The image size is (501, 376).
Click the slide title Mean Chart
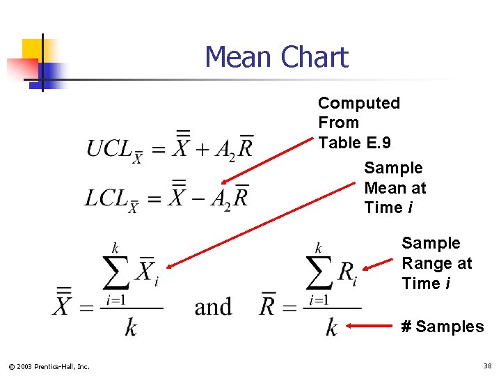(x=276, y=57)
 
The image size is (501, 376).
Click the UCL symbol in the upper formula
(x=109, y=148)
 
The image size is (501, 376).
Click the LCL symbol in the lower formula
(x=108, y=198)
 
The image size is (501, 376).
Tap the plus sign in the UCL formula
(x=201, y=148)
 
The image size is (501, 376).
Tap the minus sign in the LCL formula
(x=201, y=198)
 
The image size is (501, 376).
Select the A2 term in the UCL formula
(x=225, y=150)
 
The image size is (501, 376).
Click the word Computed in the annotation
(x=358, y=103)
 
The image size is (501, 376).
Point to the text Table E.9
(x=354, y=143)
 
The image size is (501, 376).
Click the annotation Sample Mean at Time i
(x=395, y=187)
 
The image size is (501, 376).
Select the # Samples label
(x=442, y=327)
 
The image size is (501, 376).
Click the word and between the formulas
(x=213, y=306)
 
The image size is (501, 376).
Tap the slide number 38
(x=486, y=366)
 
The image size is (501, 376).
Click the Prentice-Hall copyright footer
(x=49, y=366)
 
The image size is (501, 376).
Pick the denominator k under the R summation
(x=332, y=327)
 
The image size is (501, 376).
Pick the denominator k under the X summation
(x=131, y=327)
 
